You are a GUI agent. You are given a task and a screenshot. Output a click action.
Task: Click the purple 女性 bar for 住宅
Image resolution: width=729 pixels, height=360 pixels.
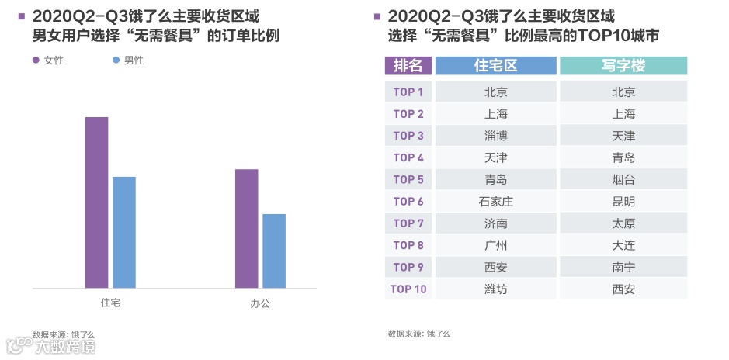[x=96, y=202]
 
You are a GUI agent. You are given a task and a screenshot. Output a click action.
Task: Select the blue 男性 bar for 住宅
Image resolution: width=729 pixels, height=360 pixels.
[x=124, y=233]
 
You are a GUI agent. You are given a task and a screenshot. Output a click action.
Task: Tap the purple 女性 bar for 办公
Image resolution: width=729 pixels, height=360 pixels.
[x=246, y=229]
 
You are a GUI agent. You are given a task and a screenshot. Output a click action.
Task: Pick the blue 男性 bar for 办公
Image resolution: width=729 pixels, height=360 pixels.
[x=274, y=251]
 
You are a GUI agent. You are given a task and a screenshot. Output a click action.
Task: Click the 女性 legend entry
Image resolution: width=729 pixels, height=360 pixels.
[x=48, y=61]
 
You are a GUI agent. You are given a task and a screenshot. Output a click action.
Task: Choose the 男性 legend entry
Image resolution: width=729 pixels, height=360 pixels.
[x=128, y=61]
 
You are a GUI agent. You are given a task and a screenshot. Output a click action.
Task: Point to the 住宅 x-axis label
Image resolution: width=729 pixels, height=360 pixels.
[x=110, y=303]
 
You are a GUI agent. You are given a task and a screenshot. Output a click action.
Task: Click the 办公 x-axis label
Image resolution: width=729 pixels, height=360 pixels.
[x=260, y=303]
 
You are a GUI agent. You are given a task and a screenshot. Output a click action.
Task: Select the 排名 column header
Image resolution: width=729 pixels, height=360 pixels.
[x=408, y=66]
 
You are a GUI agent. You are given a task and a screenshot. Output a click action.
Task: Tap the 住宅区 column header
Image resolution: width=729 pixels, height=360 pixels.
[x=495, y=66]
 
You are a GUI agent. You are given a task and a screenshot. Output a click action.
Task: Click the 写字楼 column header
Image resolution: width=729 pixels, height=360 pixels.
[x=623, y=66]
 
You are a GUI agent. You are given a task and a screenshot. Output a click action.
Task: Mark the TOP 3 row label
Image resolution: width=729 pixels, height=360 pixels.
[x=408, y=136]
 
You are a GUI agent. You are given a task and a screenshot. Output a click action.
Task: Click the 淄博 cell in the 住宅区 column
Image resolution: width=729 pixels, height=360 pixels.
[x=495, y=136]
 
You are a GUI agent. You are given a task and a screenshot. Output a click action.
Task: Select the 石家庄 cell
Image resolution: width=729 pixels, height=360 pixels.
[x=495, y=202]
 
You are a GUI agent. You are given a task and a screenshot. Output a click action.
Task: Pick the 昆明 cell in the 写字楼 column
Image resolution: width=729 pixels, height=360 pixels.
[x=623, y=202]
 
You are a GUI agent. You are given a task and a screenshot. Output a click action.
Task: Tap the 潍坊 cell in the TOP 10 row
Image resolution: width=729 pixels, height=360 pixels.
[x=495, y=289]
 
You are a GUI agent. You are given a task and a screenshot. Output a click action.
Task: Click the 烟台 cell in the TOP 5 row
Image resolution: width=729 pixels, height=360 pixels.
[x=623, y=180]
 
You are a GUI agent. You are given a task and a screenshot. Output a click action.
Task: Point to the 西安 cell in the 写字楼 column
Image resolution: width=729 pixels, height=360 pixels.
[x=623, y=289]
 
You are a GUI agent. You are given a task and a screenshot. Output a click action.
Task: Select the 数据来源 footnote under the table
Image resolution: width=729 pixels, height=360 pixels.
[x=419, y=334]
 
